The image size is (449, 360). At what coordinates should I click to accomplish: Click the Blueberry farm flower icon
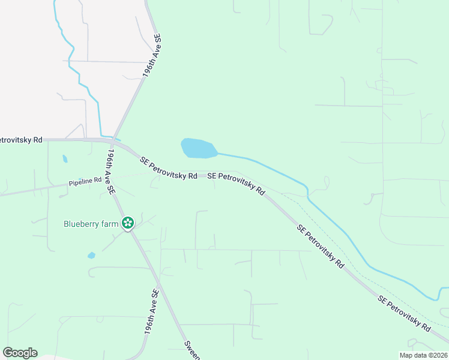[x=127, y=224]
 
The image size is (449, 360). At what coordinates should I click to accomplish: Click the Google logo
[x=20, y=353]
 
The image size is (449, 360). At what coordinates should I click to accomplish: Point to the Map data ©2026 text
[x=423, y=355]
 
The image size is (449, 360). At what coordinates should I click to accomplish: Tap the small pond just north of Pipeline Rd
[x=64, y=159]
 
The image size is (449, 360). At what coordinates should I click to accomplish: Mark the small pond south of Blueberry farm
[x=91, y=255]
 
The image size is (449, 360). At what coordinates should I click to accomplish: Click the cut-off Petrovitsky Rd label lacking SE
[x=21, y=140]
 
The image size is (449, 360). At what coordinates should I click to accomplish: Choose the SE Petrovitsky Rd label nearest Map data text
[x=404, y=314]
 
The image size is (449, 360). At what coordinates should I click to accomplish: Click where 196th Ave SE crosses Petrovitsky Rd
[x=113, y=142]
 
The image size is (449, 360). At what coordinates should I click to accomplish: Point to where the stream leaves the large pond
[x=218, y=154]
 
